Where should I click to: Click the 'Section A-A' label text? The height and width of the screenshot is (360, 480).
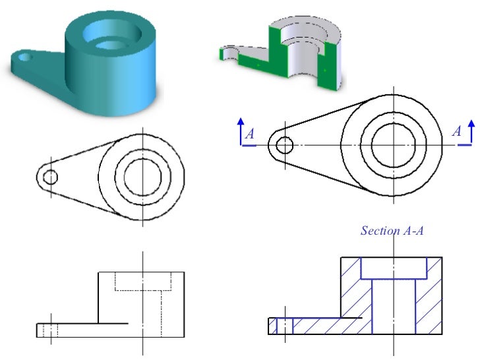click(x=392, y=231)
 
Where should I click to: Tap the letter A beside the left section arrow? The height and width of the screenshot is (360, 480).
click(x=250, y=135)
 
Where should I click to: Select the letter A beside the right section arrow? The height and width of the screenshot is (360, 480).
click(x=456, y=132)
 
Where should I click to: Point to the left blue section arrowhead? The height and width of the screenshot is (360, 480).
click(x=241, y=121)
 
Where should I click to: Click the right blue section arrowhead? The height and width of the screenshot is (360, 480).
click(x=471, y=123)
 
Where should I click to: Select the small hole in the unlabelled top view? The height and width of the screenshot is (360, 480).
click(x=50, y=176)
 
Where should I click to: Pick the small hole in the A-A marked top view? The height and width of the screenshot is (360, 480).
click(x=285, y=145)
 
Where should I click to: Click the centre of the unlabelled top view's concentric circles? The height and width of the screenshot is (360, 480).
click(x=142, y=176)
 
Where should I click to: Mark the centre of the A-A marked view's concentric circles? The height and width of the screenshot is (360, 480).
click(x=393, y=145)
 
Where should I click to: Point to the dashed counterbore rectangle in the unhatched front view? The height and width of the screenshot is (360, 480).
click(x=143, y=280)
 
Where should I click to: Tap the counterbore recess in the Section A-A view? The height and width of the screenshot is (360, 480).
click(x=394, y=268)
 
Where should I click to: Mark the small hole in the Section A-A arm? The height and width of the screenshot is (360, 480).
click(x=284, y=326)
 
